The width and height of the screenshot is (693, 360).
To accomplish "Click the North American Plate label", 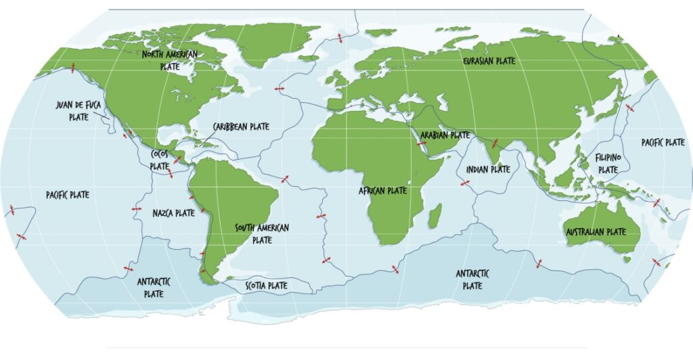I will pos(169,60).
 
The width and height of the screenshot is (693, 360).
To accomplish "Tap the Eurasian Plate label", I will pos(489,61).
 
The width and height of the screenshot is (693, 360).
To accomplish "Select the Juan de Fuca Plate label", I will pos(79,111).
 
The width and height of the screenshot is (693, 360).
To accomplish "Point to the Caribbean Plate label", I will pos(241,127).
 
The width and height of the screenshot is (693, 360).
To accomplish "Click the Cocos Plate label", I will pos(160,160).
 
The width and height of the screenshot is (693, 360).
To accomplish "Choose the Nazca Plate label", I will pos(173,212).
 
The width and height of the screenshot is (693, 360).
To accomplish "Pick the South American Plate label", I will pos(261,233).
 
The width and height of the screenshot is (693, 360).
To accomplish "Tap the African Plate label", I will pos(382,191).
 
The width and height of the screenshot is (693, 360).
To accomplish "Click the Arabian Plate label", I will pos(445,135).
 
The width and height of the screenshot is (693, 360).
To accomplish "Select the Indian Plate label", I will pos(488,169).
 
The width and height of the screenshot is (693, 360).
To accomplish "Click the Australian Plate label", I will pos(596,232).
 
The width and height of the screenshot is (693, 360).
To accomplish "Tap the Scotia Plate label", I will pos(266,286).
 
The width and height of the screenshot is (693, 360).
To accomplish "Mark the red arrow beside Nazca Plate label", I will pos(137,209).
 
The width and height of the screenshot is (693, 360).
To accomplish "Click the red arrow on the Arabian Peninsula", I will pos(421,143).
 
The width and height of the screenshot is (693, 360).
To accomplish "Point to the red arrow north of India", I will pos(495,143).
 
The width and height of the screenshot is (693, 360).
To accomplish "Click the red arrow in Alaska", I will pos(73,67).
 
